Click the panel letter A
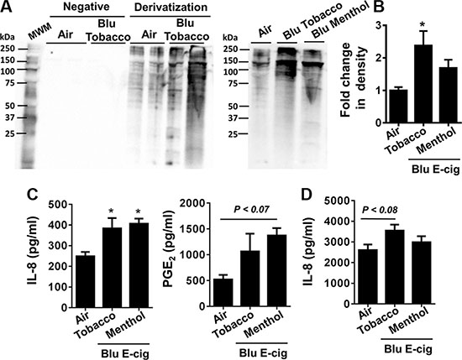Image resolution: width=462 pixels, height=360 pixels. click(6, 7)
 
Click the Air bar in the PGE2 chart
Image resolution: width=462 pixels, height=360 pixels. click(223, 292)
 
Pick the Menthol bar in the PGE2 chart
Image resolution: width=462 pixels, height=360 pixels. click(277, 270)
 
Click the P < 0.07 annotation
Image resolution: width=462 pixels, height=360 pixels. click(251, 209)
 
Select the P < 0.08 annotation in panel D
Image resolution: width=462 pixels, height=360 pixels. click(380, 210)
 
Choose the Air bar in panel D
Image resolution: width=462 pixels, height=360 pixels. click(368, 277)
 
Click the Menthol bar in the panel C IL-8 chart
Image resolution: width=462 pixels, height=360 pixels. click(139, 265)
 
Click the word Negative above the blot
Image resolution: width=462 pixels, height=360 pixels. click(86, 7)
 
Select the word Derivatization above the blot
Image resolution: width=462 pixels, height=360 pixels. click(171, 7)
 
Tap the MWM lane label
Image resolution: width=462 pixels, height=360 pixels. click(39, 30)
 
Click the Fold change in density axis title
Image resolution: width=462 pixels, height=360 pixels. click(354, 80)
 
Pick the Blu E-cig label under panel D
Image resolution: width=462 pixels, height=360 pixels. click(408, 349)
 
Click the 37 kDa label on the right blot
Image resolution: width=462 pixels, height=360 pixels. click(234, 118)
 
